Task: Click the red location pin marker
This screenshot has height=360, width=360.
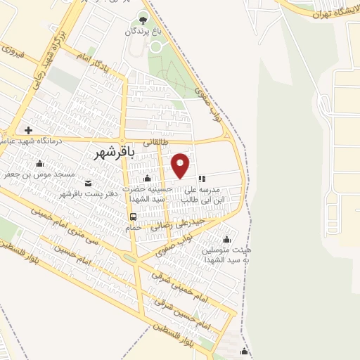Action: tap(181, 165)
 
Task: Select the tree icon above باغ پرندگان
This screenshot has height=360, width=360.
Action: tap(144, 18)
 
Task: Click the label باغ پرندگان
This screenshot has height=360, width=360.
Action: tap(143, 32)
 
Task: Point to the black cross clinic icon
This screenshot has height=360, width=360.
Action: tap(28, 130)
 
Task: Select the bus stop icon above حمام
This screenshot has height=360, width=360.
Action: tap(134, 216)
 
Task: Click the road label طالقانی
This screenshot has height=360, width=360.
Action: tap(157, 141)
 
